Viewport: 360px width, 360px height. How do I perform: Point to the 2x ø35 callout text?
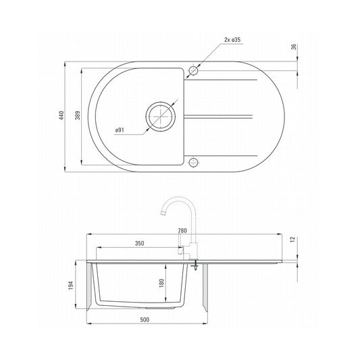(x=232, y=41)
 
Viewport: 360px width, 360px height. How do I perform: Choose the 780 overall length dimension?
(x=182, y=230)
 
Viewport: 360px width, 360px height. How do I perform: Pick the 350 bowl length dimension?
(x=139, y=243)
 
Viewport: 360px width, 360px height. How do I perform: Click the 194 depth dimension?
(x=80, y=286)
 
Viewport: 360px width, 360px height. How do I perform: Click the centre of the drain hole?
(x=162, y=116)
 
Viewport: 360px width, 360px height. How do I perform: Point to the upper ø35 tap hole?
(x=194, y=70)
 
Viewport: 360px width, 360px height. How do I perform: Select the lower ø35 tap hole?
(x=194, y=162)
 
